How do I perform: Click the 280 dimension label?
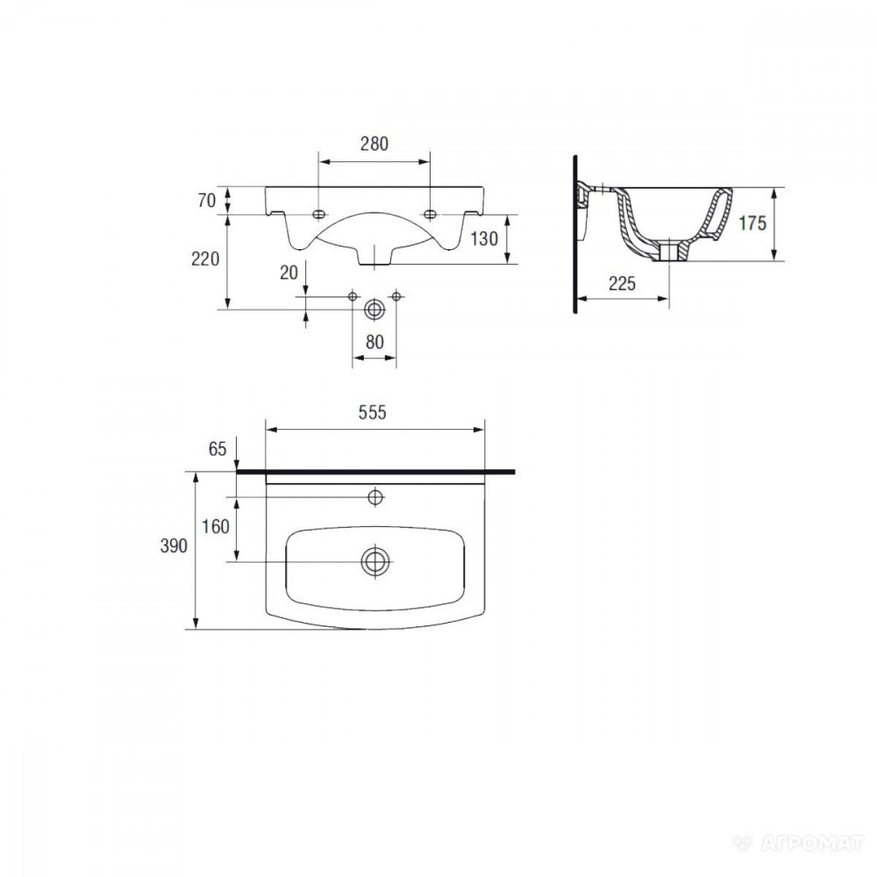374,144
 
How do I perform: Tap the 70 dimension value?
206,200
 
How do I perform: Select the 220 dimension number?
205,259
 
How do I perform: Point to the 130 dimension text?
484,239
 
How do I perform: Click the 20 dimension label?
289,273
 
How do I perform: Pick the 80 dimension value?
374,342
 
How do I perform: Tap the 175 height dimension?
752,223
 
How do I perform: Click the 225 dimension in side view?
622,283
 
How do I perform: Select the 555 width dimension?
372,412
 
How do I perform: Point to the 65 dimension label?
217,448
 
